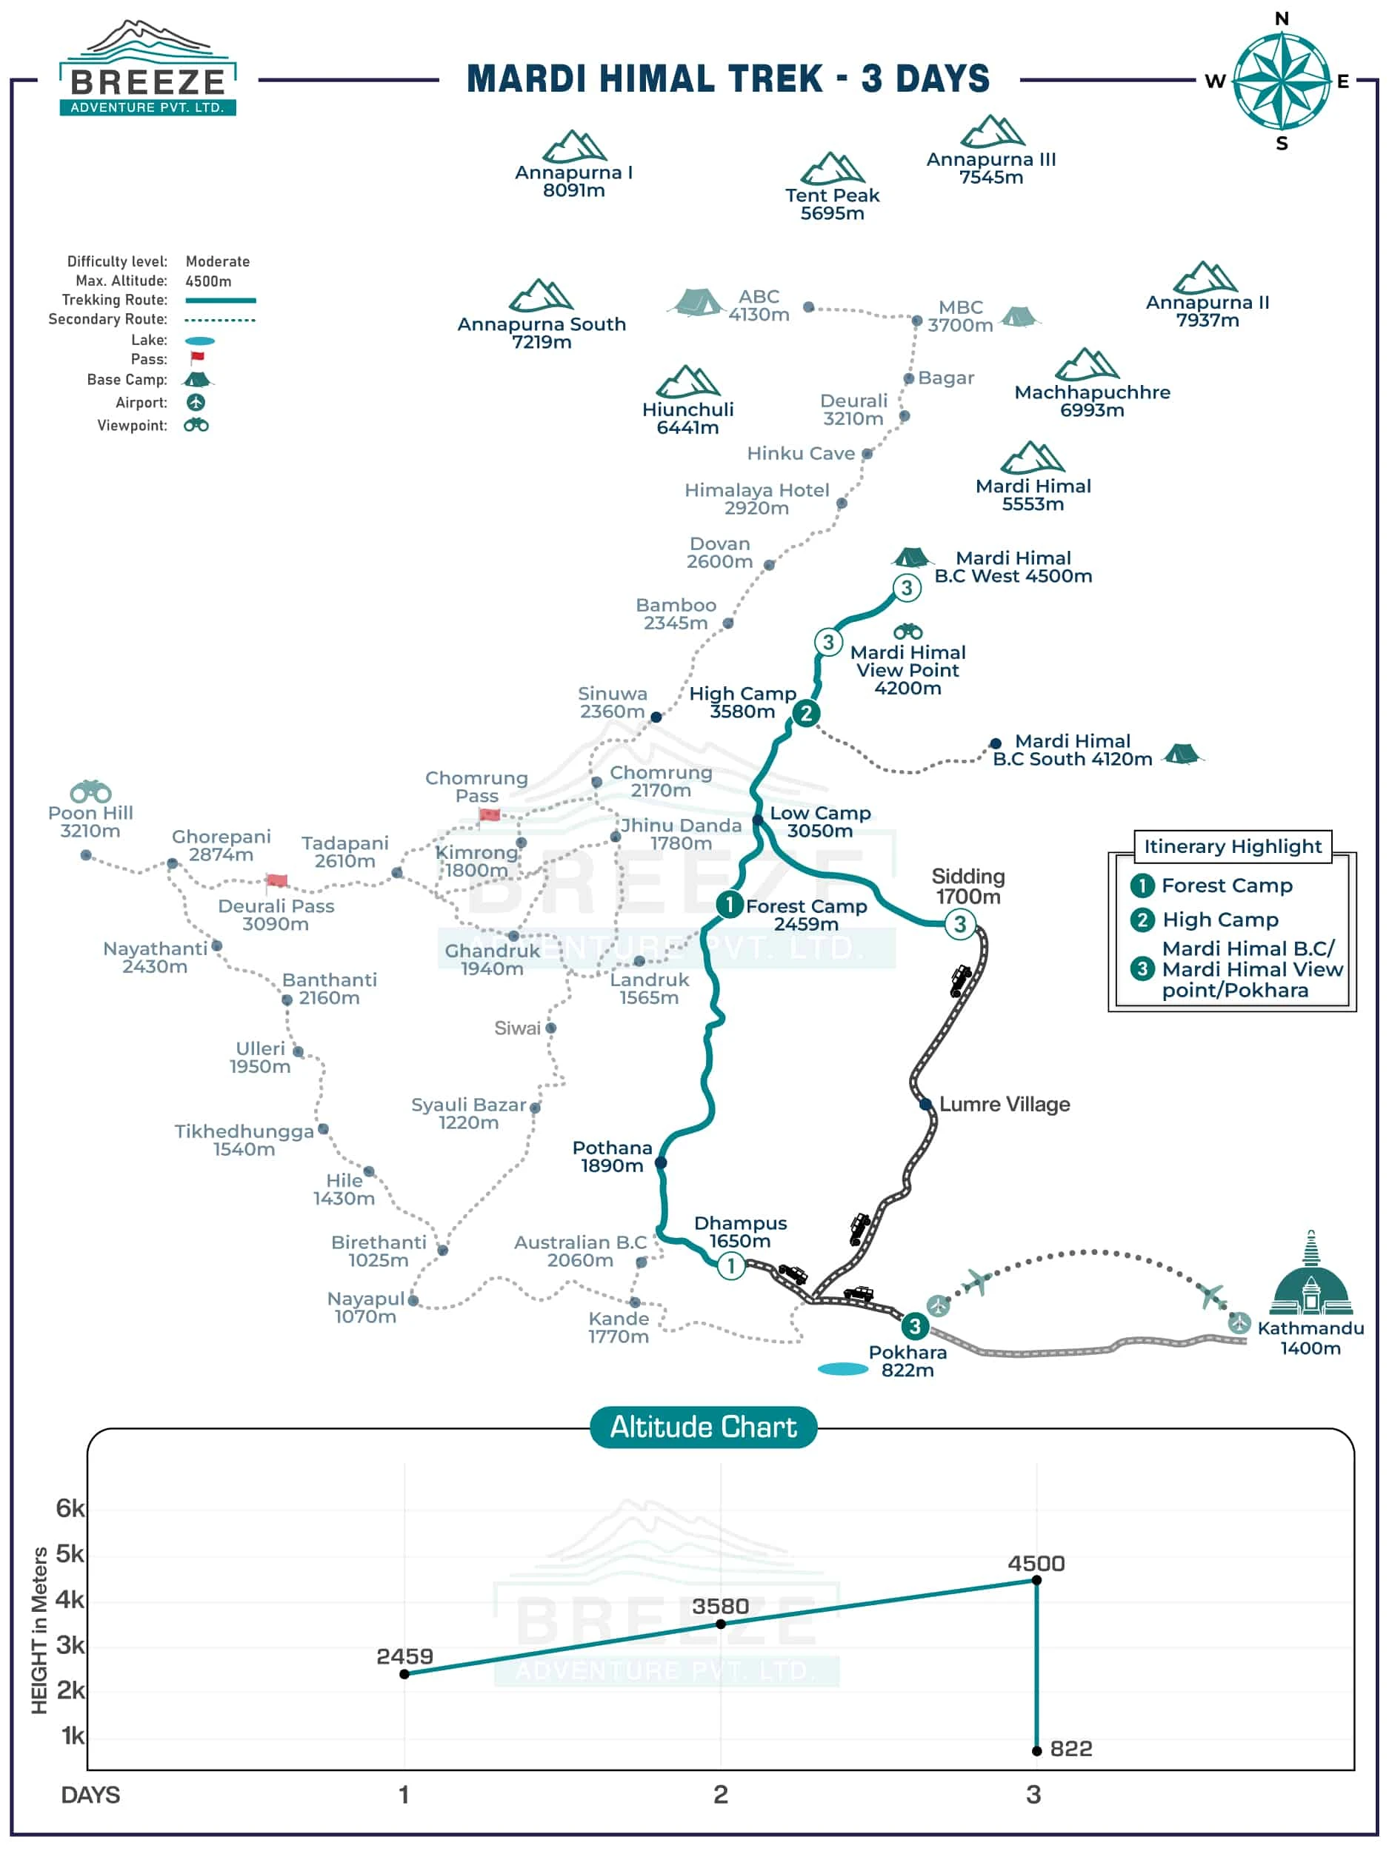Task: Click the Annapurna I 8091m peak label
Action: pyautogui.click(x=573, y=181)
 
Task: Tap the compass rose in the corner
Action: pyautogui.click(x=1281, y=80)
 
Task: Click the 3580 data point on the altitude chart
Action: pyautogui.click(x=721, y=1624)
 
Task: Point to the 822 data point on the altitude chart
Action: pyautogui.click(x=1036, y=1750)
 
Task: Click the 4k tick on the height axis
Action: pyautogui.click(x=70, y=1600)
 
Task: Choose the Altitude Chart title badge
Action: pyautogui.click(x=703, y=1427)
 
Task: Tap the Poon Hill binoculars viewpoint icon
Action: pyautogui.click(x=90, y=791)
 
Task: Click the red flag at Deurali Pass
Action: pyautogui.click(x=276, y=880)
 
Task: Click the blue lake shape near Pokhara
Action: pyautogui.click(x=842, y=1369)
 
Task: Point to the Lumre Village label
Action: pyautogui.click(x=1004, y=1105)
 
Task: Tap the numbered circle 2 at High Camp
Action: pyautogui.click(x=805, y=714)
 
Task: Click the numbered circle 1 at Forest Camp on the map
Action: pyautogui.click(x=729, y=904)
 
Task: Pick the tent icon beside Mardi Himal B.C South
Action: pyautogui.click(x=1182, y=754)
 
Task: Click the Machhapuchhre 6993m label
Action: pyautogui.click(x=1092, y=401)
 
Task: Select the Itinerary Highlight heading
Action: pyautogui.click(x=1233, y=846)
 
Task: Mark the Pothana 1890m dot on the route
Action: pyautogui.click(x=661, y=1162)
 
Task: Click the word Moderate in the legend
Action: pyautogui.click(x=218, y=262)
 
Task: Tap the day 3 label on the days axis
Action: pyautogui.click(x=1034, y=1794)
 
